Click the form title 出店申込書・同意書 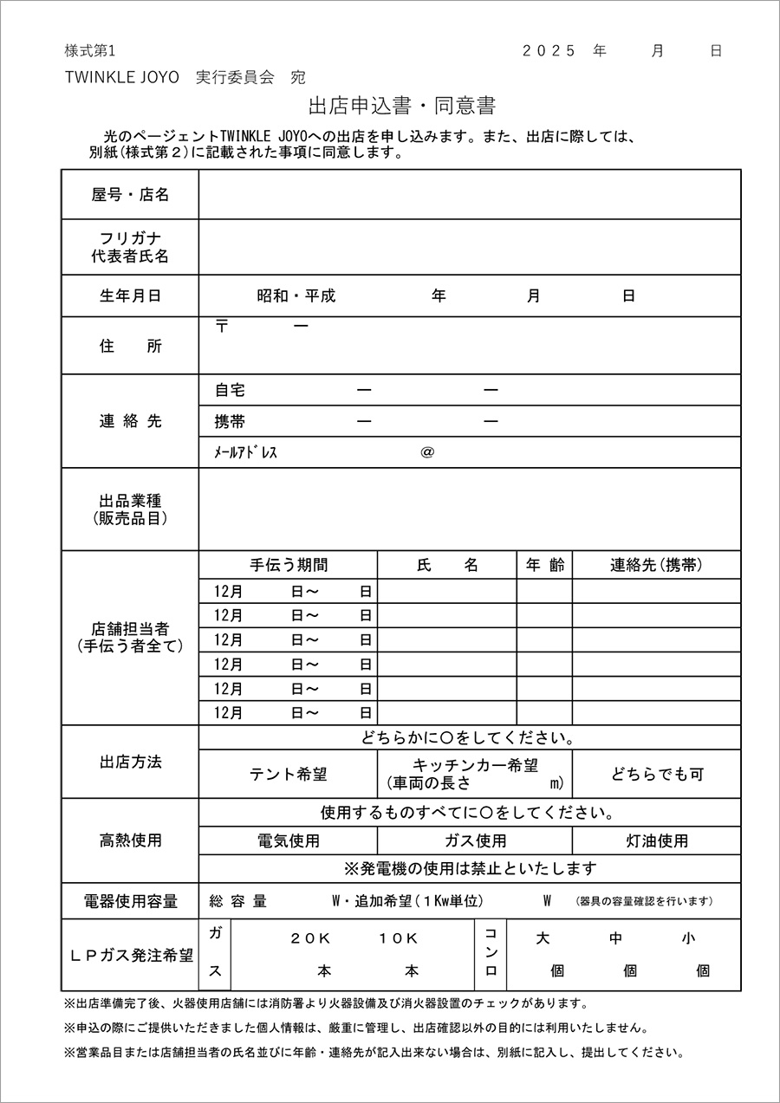pos(401,107)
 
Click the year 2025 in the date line pos(549,50)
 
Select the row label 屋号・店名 pos(130,195)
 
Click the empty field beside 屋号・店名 pos(470,195)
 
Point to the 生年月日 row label pos(130,295)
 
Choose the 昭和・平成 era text pos(296,295)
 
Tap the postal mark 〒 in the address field pos(222,327)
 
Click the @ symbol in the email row pos(426,452)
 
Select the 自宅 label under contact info pos(230,391)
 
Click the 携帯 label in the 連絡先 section pos(230,422)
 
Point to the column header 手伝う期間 pos(289,565)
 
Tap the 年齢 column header pos(545,565)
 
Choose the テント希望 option pos(289,775)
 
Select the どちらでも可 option pos(657,775)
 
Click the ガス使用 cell pos(475,840)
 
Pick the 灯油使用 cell pos(657,840)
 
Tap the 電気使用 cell pos(289,840)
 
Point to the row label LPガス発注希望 pos(130,955)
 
